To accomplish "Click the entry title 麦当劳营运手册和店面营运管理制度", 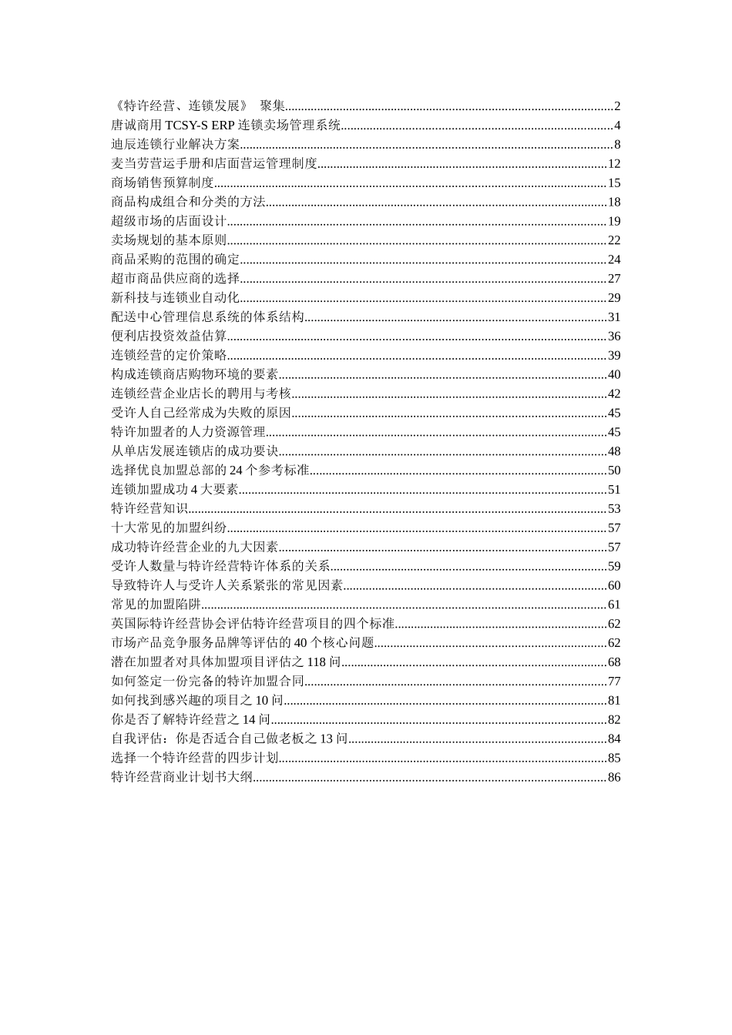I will click(x=214, y=163).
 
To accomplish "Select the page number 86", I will click(x=614, y=777).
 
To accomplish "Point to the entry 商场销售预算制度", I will click(x=163, y=183).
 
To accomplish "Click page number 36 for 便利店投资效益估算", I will click(x=614, y=336).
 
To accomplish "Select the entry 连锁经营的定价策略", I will click(x=169, y=355).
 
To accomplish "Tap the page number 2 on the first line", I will click(x=617, y=106).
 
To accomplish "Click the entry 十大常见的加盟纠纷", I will click(x=169, y=528).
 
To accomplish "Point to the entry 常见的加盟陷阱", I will click(x=156, y=605).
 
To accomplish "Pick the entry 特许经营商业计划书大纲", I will click(x=182, y=777).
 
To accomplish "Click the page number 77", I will click(x=614, y=681).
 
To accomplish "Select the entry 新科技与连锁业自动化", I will click(x=176, y=297).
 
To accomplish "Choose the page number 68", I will click(x=614, y=662).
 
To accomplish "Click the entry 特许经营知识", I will click(x=149, y=508).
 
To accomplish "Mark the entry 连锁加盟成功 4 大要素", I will click(x=175, y=489).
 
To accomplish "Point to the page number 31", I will click(x=614, y=317).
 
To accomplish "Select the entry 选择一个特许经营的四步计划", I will click(x=195, y=758).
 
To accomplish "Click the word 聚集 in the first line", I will click(x=273, y=106).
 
